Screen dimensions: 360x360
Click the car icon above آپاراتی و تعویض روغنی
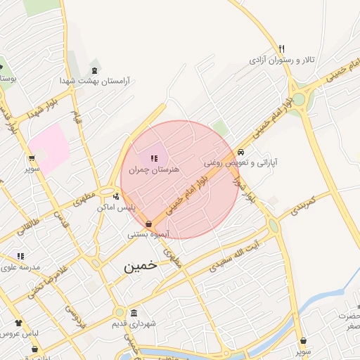point(241,151)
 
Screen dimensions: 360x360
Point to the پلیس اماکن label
point(114,207)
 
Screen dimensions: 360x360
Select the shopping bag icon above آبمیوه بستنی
point(148,224)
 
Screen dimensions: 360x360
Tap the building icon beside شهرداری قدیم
point(134,313)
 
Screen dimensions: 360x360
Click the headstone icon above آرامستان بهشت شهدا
point(96,70)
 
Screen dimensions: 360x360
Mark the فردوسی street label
point(72,316)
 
